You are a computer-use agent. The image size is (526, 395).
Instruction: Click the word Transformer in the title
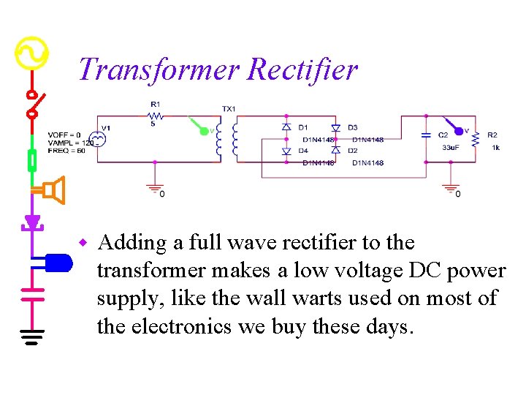coord(159,70)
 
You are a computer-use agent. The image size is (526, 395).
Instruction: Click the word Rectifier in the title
coord(302,70)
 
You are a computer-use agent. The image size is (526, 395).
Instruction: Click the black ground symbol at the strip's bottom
coord(32,336)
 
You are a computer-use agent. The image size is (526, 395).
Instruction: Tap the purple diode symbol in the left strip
coord(32,221)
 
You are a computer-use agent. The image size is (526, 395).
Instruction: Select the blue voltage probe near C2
coord(457,130)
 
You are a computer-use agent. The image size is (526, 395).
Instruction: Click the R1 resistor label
coord(155,104)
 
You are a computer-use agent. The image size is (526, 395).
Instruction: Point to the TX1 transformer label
coord(229,109)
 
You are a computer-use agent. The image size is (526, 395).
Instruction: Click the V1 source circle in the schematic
coord(95,139)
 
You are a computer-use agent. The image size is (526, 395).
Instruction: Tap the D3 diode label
coord(353,128)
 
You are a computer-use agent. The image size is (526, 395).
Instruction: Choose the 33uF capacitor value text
coord(451,148)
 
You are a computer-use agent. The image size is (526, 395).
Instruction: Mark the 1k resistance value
coord(495,148)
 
